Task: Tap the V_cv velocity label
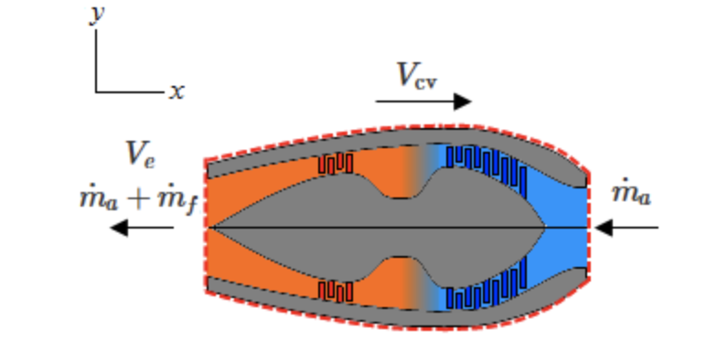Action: [x=417, y=75]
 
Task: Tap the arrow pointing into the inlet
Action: [x=626, y=226]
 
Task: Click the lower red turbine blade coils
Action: [x=336, y=291]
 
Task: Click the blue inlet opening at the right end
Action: [x=572, y=226]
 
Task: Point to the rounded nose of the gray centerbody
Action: [x=544, y=226]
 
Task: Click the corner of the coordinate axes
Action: [x=96, y=91]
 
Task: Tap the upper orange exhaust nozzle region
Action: [x=274, y=187]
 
